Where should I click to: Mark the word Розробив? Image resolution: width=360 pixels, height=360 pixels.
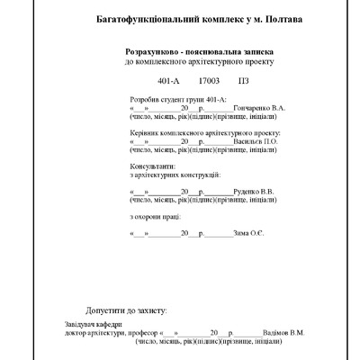pyautogui.click(x=147, y=98)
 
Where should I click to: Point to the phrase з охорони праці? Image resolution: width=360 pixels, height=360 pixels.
pyautogui.click(x=156, y=216)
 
